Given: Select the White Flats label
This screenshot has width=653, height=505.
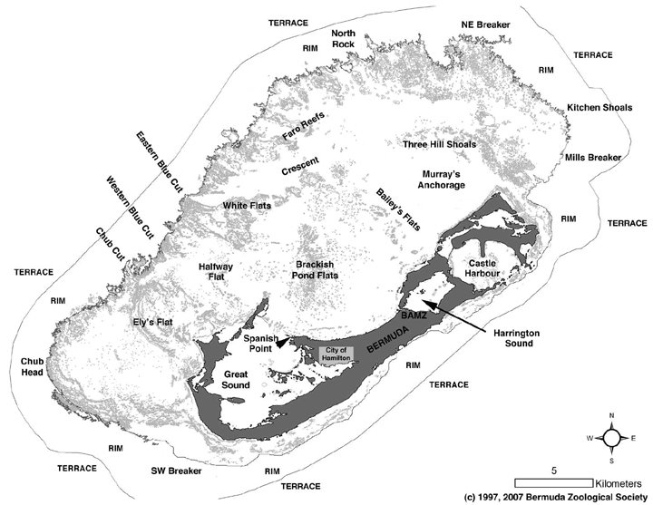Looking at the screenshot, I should point(247,206).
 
